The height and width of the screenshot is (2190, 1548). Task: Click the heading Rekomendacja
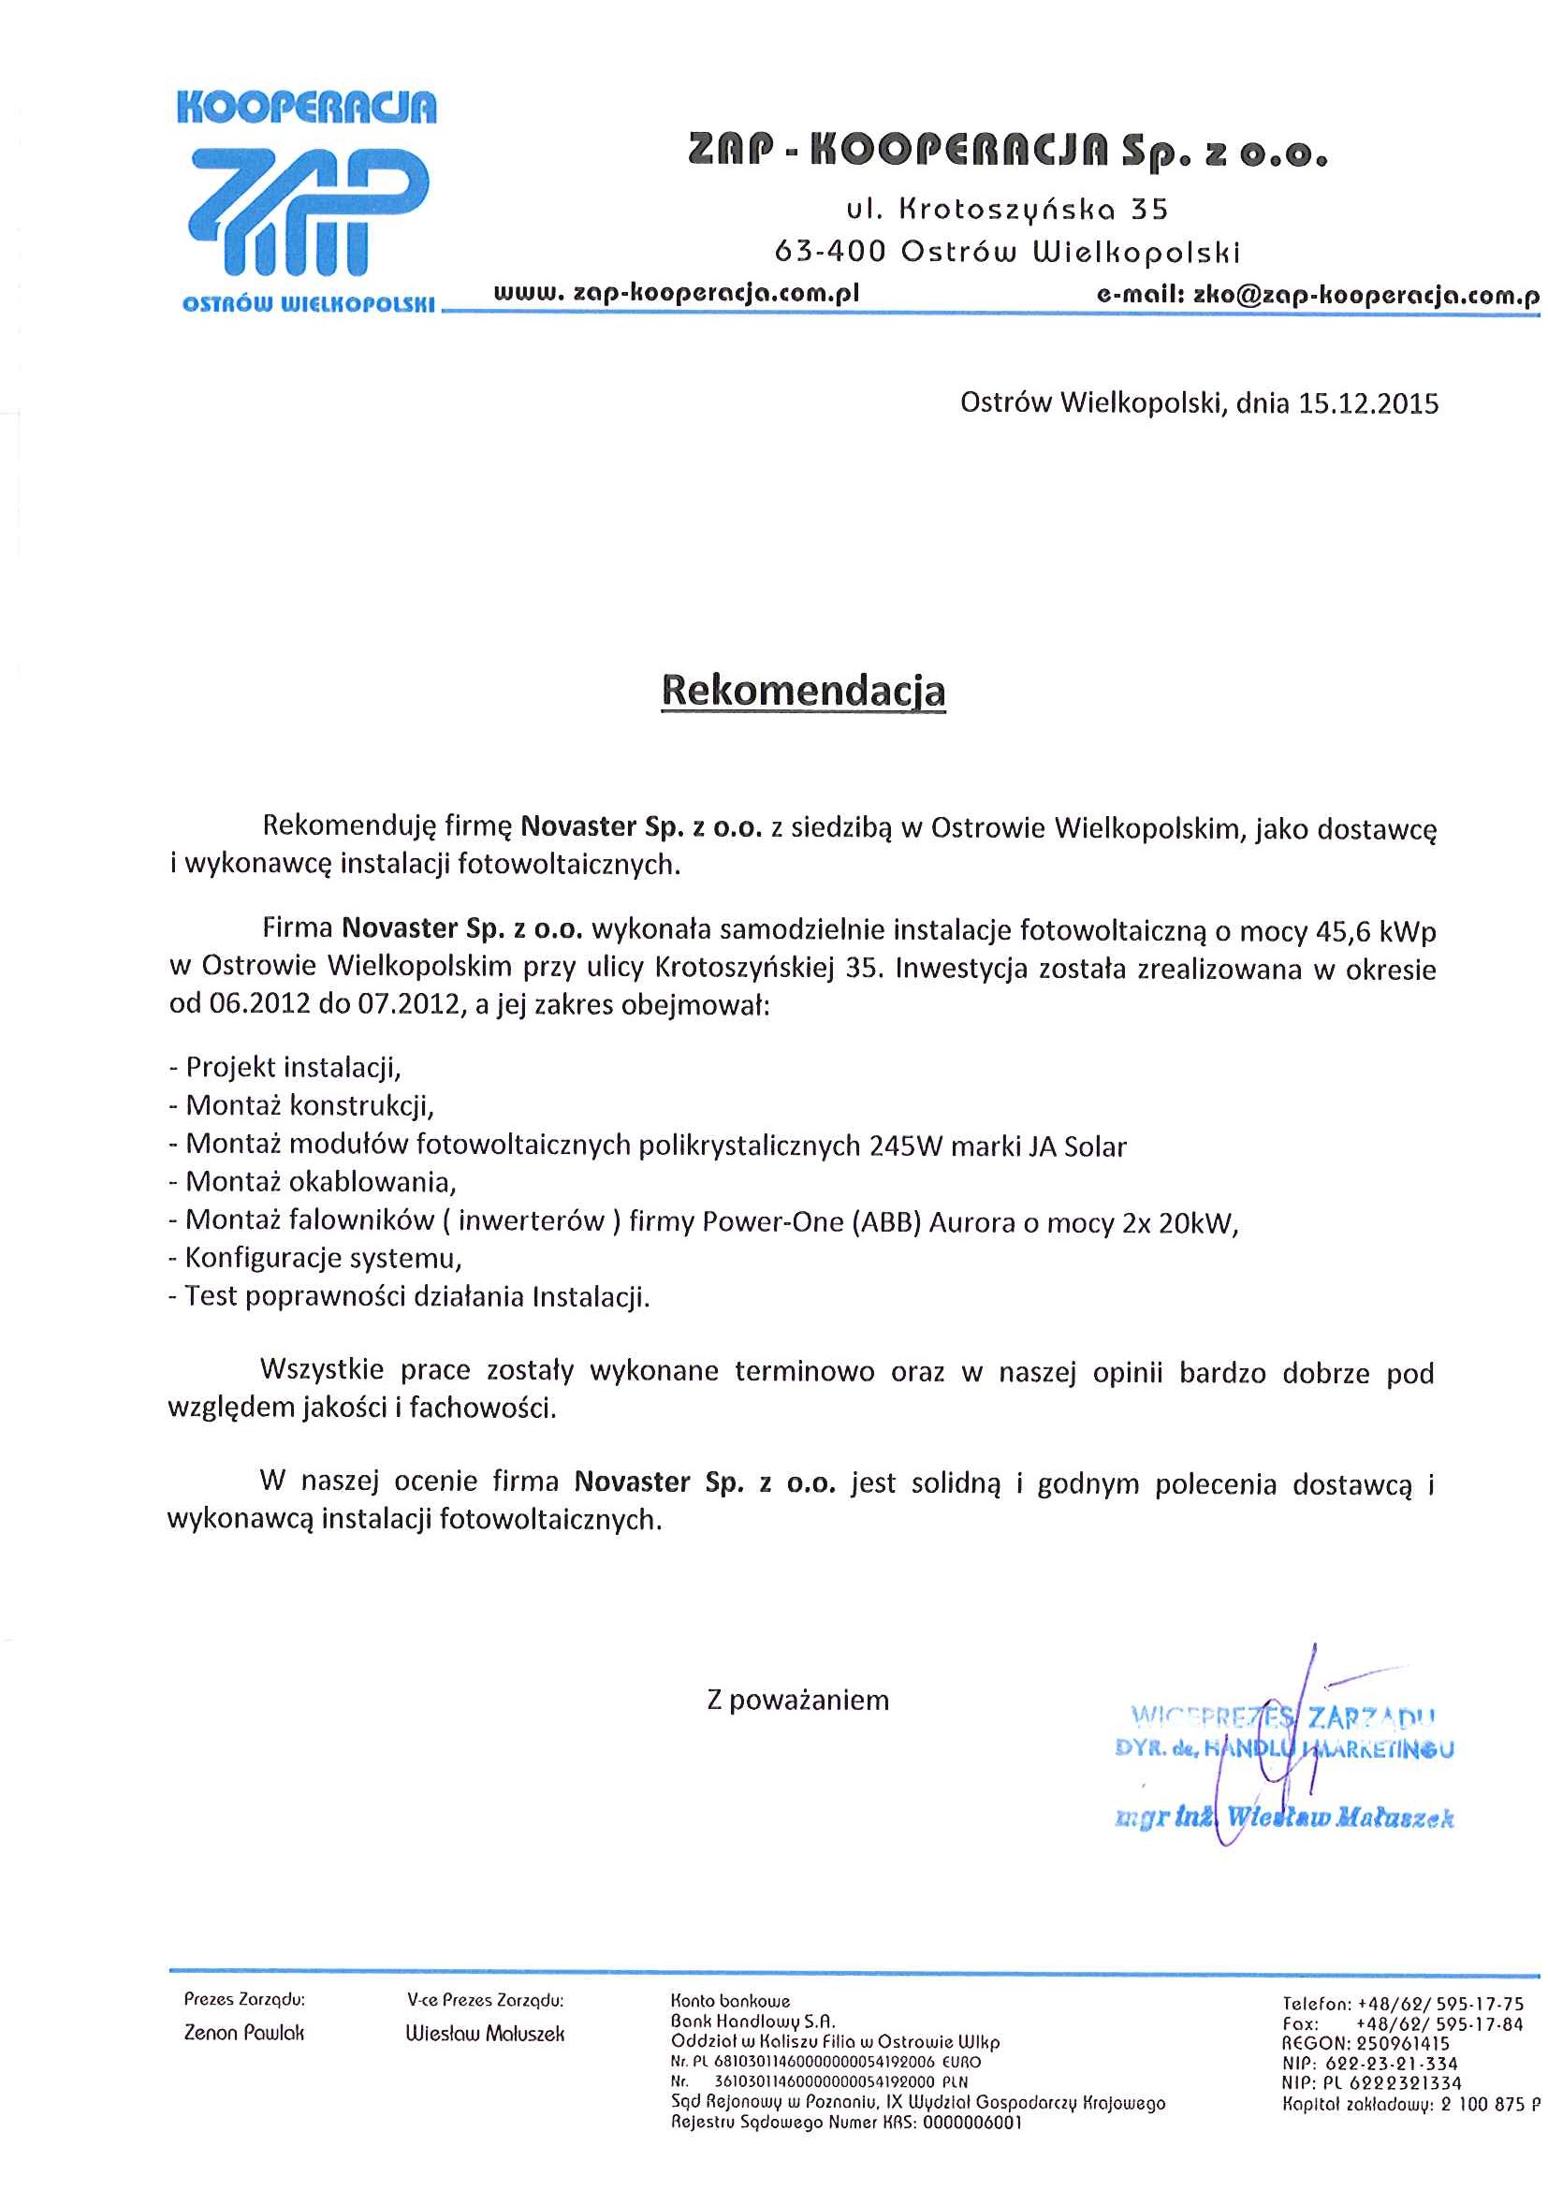point(803,691)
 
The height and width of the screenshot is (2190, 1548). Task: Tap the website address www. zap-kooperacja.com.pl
point(677,293)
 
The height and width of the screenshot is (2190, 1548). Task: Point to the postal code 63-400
point(830,252)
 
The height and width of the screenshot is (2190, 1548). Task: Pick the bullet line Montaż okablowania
point(313,1183)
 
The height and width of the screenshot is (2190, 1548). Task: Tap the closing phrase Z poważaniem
point(797,1700)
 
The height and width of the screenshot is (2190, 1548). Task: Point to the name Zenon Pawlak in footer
point(244,2033)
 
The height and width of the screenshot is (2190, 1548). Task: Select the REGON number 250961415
point(1402,2044)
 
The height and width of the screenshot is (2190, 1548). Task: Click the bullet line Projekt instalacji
point(285,1067)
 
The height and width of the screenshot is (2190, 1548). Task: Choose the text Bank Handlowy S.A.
point(752,2021)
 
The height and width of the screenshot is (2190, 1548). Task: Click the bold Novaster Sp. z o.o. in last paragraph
point(705,1482)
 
